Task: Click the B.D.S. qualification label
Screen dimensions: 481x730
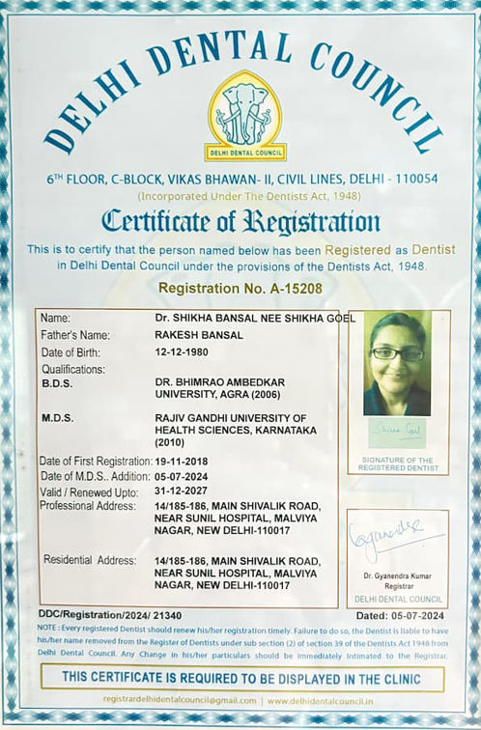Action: click(58, 382)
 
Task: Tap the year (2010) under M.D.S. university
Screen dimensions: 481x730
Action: click(173, 441)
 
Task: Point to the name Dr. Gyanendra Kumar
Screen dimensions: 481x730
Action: click(398, 576)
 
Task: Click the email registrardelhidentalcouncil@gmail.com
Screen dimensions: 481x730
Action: click(181, 700)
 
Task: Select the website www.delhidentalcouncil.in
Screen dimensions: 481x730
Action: click(321, 700)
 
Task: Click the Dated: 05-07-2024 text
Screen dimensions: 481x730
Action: click(400, 615)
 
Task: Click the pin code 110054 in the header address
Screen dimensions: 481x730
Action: click(412, 179)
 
